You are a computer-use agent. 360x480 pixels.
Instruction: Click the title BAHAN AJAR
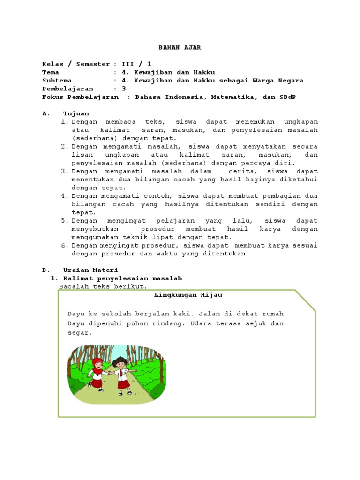click(x=180, y=47)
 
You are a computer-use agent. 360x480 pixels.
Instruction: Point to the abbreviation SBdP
click(x=288, y=97)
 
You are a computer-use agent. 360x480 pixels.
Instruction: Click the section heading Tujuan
click(x=76, y=113)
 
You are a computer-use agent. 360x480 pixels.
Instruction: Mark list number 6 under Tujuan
click(x=65, y=245)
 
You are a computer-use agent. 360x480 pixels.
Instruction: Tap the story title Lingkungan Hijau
click(x=188, y=295)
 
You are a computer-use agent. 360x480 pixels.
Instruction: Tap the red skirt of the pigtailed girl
click(x=123, y=384)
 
